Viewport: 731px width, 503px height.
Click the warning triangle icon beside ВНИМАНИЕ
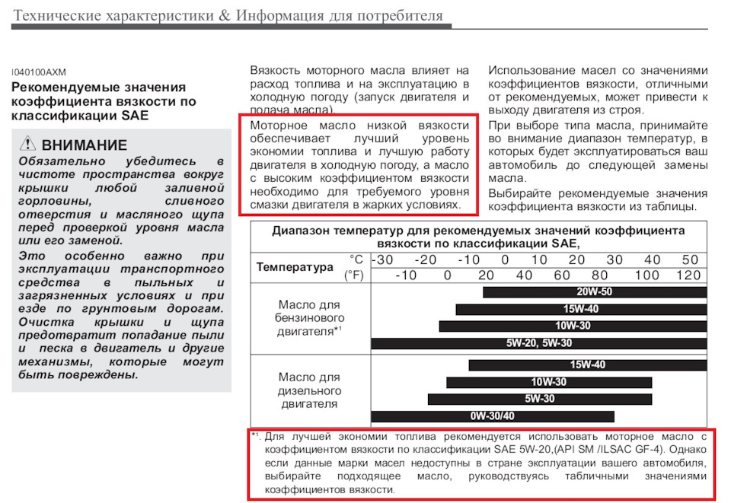(28, 144)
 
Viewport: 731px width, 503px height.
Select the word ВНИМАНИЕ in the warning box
(85, 145)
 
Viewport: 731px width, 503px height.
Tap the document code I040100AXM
(39, 72)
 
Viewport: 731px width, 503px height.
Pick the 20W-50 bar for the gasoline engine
(594, 292)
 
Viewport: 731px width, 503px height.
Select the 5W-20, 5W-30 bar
(539, 343)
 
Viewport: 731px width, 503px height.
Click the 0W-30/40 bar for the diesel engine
(492, 416)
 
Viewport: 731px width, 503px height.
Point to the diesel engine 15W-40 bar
(587, 365)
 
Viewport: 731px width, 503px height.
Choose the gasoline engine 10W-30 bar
(573, 326)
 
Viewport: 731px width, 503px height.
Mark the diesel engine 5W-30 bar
(540, 399)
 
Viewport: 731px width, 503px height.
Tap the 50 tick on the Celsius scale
(690, 259)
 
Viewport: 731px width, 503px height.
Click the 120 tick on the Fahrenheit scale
(688, 275)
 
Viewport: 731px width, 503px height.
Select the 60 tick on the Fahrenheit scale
(562, 275)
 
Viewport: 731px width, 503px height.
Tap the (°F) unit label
(354, 275)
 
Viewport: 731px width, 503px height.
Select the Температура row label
(295, 267)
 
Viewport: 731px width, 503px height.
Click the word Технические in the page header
(58, 16)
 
